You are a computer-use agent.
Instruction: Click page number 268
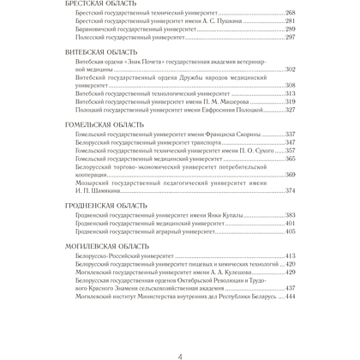(x=290, y=15)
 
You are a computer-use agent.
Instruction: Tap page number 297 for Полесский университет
(x=290, y=39)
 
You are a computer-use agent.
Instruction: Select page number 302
(x=290, y=70)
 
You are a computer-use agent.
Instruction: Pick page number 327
(x=290, y=110)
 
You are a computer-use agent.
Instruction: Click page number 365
(x=290, y=159)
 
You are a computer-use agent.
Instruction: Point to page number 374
(x=290, y=191)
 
